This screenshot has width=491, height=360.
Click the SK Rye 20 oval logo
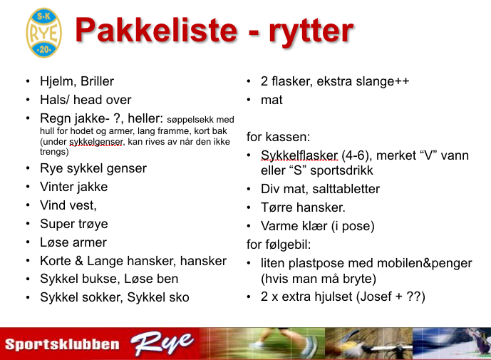click(x=44, y=33)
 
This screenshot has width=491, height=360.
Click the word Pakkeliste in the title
click(x=156, y=30)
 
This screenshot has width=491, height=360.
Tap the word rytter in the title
click(x=311, y=31)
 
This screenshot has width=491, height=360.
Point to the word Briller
click(x=97, y=81)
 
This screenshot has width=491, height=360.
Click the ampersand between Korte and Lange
click(x=78, y=261)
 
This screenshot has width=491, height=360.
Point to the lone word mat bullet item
click(x=272, y=101)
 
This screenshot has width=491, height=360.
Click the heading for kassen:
click(x=278, y=137)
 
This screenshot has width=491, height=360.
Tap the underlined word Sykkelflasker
click(x=299, y=155)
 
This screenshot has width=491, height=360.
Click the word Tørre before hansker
click(x=276, y=207)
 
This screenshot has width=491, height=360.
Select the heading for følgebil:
click(x=279, y=245)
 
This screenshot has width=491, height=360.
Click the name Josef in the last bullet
click(x=376, y=297)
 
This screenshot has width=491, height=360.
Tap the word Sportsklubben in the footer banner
click(x=62, y=344)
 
